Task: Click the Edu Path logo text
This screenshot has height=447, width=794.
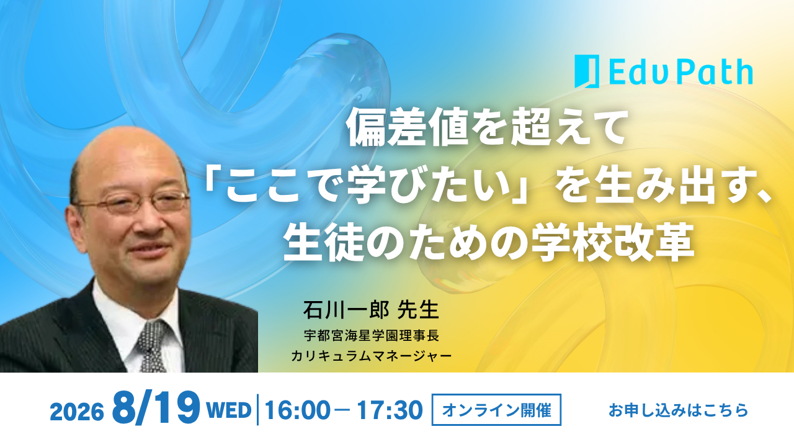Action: [681, 72]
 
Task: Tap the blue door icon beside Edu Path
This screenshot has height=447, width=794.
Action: [587, 71]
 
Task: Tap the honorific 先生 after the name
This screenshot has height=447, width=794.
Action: [418, 310]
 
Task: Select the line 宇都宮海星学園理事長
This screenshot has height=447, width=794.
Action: [372, 336]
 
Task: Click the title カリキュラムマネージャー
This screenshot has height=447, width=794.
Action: [371, 356]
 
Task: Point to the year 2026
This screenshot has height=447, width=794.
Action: [77, 412]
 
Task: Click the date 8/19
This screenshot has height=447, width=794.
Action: [156, 407]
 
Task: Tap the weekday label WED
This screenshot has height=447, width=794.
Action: [229, 410]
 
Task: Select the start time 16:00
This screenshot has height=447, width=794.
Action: [297, 410]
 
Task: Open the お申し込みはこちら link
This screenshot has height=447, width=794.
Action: [678, 410]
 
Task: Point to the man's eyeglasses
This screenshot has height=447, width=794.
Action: [133, 203]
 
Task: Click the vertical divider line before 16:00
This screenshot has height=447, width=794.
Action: [257, 410]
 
